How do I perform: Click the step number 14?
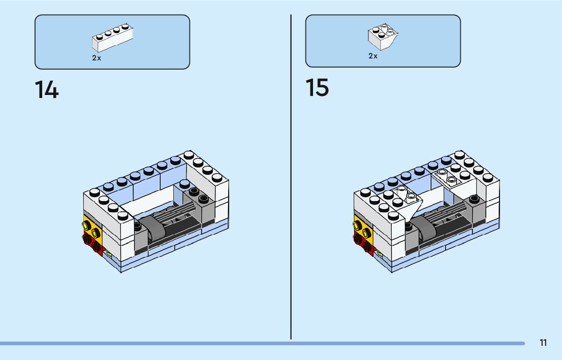coord(47,90)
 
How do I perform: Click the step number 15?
coord(317,87)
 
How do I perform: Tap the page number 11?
coord(543,343)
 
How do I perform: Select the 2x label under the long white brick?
coord(97,58)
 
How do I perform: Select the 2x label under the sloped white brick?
coord(373,56)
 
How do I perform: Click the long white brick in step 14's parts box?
coord(113,39)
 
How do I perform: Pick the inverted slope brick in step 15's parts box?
coord(383,36)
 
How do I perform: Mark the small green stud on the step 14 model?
coord(109,252)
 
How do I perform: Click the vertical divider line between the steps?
coord(291,178)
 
